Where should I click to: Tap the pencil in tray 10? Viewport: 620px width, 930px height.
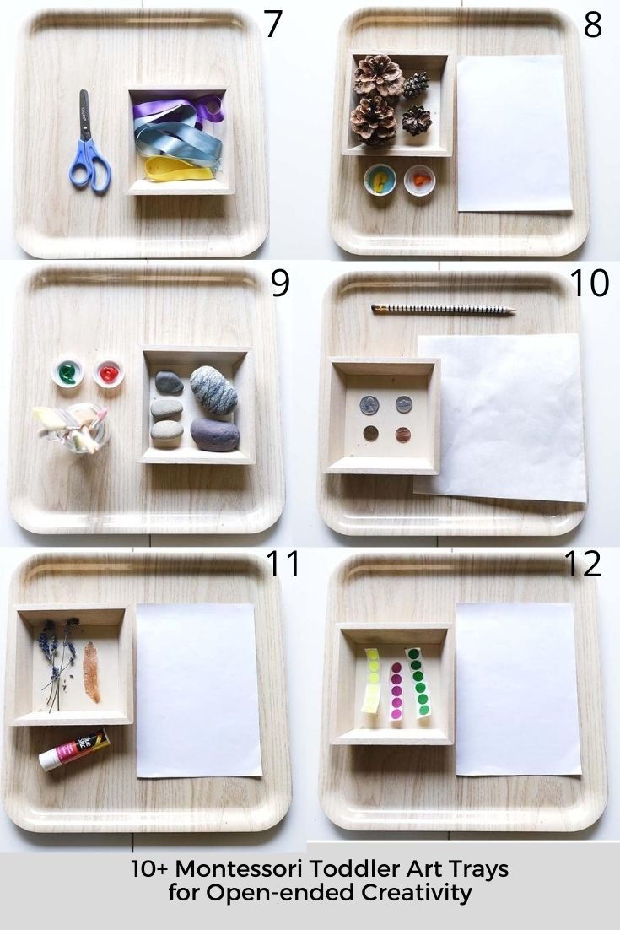[x=443, y=311]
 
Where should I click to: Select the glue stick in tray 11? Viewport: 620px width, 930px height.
[x=74, y=749]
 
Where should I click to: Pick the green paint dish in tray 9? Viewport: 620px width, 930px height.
[x=67, y=372]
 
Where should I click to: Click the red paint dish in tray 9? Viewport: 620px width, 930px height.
[x=108, y=372]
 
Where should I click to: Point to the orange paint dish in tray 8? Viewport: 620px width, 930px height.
[x=419, y=180]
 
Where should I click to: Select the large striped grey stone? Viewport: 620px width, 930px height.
[x=213, y=389]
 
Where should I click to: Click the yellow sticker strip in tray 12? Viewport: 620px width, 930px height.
[x=372, y=680]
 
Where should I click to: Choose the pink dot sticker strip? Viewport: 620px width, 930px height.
[x=396, y=690]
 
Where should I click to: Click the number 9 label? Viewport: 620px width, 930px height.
[x=280, y=284]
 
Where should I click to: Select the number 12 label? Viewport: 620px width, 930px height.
[x=582, y=563]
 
